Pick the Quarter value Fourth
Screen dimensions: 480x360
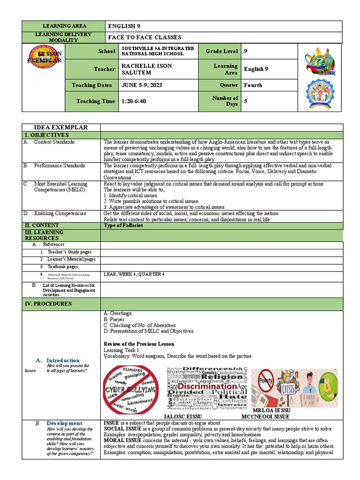click(x=253, y=85)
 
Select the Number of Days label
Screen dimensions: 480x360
click(x=225, y=101)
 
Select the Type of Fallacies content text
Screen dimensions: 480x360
click(x=123, y=225)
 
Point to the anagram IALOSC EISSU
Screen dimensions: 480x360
click(x=182, y=416)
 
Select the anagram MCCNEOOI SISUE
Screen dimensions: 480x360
click(x=265, y=416)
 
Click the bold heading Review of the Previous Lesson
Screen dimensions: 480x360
click(x=139, y=344)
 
